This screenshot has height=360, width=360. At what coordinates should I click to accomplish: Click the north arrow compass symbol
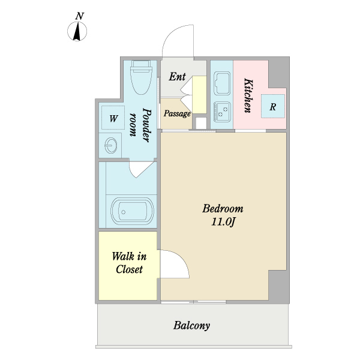[77, 31]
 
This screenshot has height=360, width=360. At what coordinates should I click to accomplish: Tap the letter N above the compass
[79, 16]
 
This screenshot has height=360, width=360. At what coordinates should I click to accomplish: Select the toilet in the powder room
[142, 77]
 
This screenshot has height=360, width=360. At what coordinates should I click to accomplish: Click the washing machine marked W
[113, 118]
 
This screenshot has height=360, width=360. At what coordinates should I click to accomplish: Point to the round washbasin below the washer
[111, 145]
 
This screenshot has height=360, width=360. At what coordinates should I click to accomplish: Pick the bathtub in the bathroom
[132, 211]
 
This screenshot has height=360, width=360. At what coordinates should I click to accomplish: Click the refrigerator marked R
[273, 106]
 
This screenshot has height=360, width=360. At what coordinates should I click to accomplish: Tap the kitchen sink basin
[222, 83]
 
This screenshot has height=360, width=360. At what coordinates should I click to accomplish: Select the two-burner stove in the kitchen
[222, 112]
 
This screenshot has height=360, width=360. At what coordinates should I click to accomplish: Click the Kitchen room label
[248, 96]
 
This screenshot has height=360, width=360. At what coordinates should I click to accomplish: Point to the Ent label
[177, 77]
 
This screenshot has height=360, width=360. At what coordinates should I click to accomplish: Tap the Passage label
[177, 113]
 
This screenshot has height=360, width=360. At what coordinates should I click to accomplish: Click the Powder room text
[140, 125]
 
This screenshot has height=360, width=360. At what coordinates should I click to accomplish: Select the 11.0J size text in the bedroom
[223, 222]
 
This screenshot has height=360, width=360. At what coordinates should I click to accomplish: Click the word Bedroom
[223, 208]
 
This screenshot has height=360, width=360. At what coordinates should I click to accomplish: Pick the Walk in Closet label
[129, 263]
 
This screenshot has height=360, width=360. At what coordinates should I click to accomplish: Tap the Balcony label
[192, 326]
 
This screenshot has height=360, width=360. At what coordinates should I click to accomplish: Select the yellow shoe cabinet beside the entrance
[199, 95]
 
